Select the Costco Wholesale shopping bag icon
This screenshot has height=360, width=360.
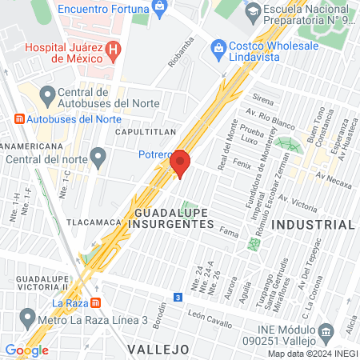click(218, 48)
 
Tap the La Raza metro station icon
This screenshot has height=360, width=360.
click(95, 303)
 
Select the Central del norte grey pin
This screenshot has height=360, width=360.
click(98, 156)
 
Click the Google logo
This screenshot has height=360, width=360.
click(26, 350)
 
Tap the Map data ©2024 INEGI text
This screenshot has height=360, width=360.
click(313, 354)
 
